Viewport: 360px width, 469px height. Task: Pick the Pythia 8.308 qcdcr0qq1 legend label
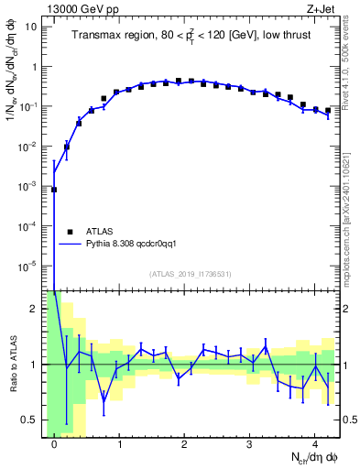click(137, 245)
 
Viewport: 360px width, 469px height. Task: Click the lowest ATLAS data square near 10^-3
click(54, 190)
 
